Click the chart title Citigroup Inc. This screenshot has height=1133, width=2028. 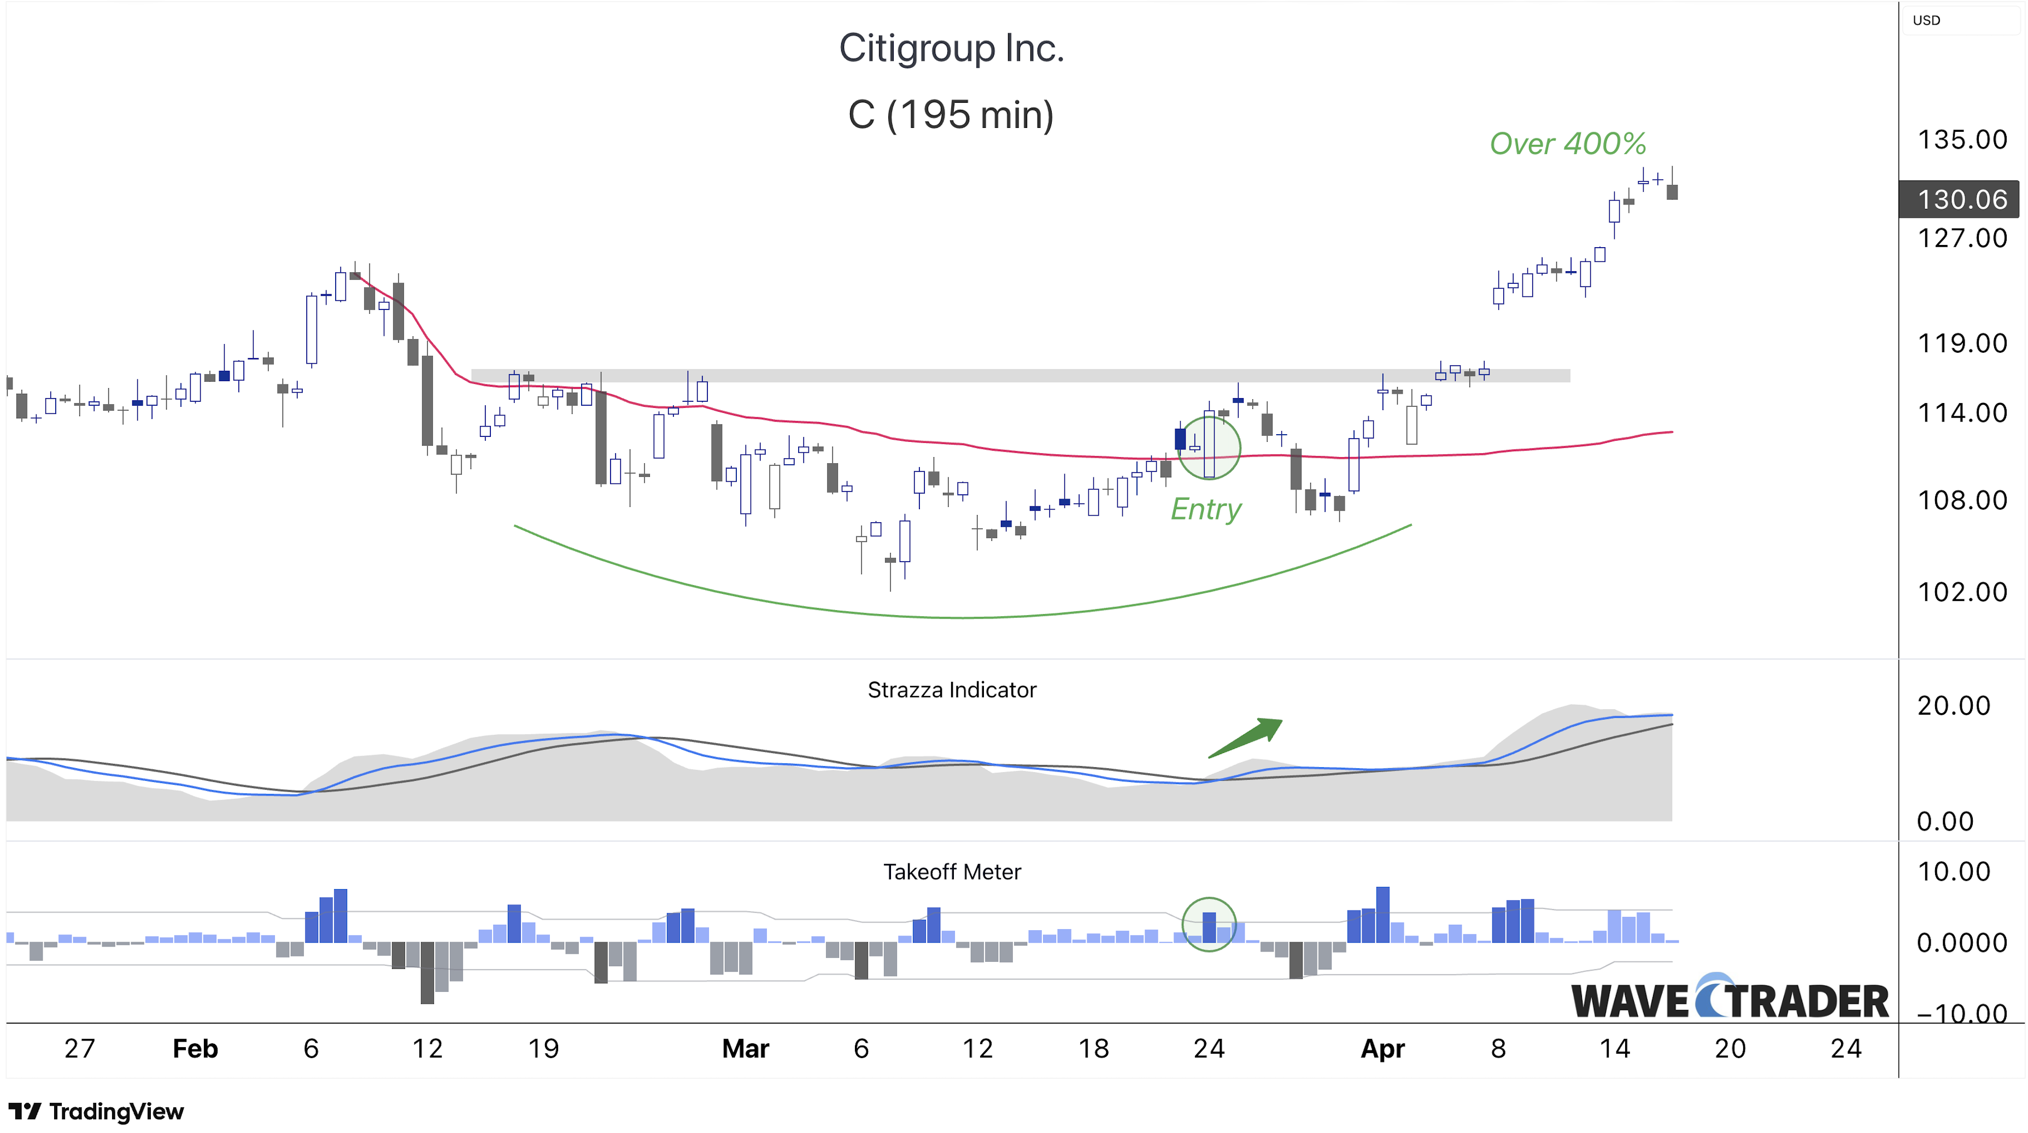click(951, 49)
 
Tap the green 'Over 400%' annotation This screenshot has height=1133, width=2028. click(1567, 143)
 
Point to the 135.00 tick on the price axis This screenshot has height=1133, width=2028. click(1961, 139)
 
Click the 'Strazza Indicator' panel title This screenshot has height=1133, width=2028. click(951, 690)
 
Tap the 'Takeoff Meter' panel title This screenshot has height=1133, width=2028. click(951, 872)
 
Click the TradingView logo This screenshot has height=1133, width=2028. click(96, 1111)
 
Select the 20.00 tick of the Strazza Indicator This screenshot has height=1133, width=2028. click(1953, 705)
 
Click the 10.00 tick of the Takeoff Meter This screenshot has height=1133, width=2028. click(1953, 872)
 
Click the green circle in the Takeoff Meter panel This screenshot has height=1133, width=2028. click(1209, 924)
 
